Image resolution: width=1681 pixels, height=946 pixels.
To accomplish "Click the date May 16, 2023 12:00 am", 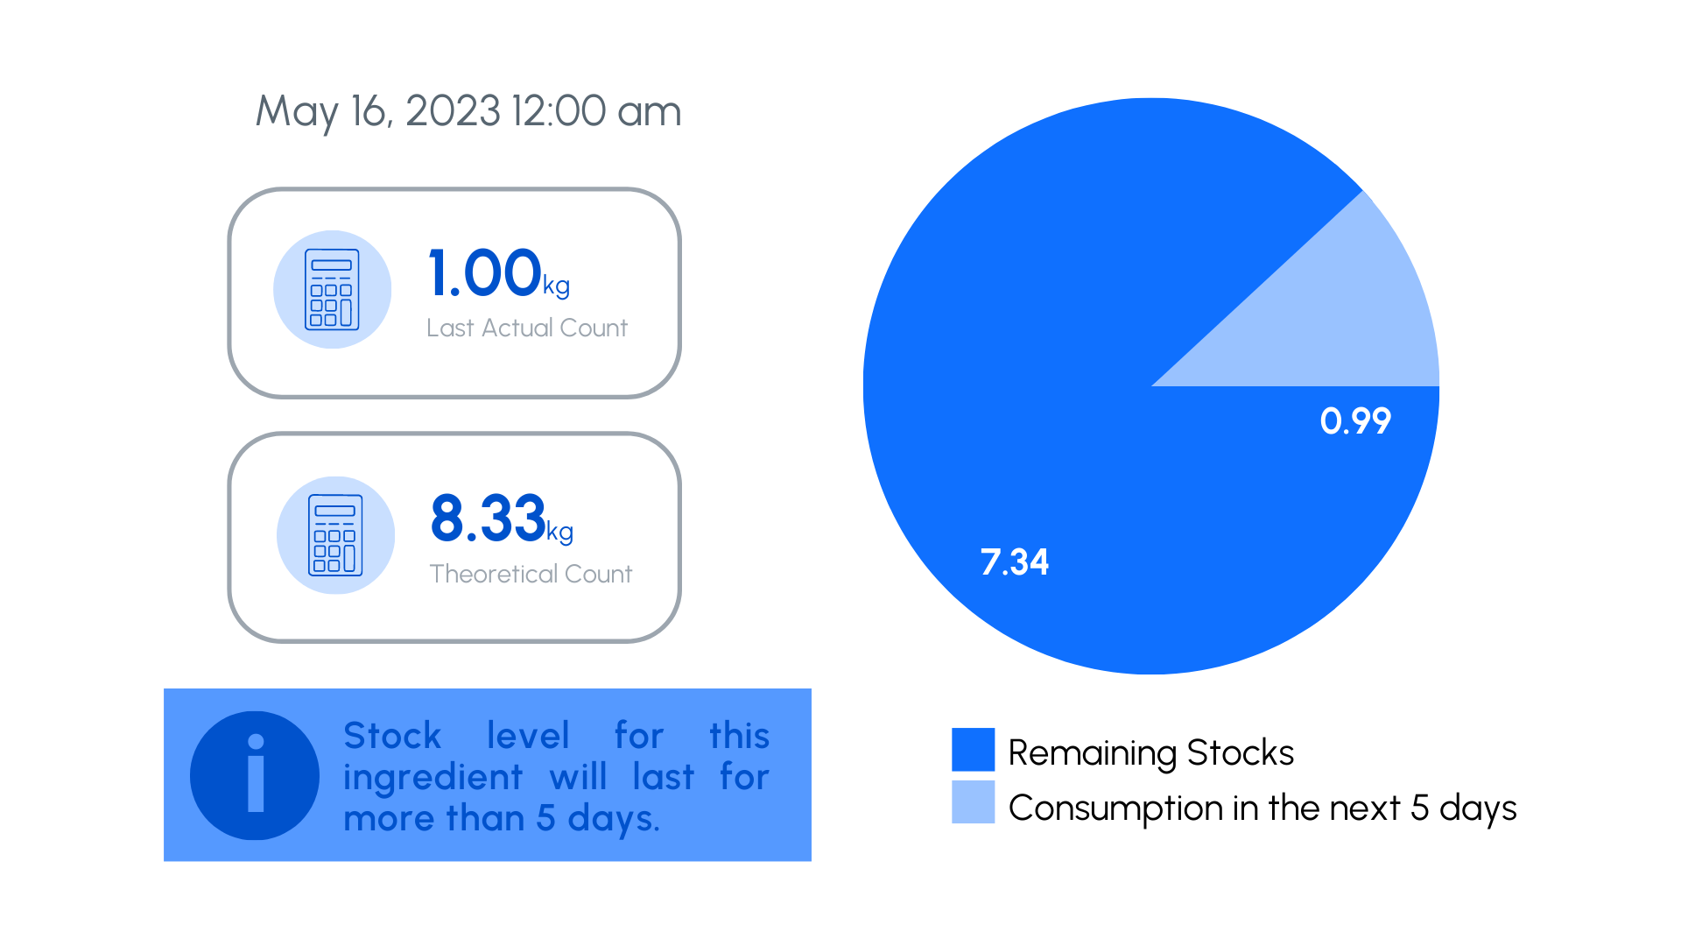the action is (468, 112).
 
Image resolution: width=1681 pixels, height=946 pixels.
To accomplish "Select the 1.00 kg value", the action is (499, 273).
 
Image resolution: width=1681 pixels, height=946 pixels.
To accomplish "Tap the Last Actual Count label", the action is (527, 328).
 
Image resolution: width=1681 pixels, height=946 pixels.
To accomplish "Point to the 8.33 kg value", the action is (502, 519).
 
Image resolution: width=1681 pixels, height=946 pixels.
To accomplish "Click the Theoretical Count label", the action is (531, 574).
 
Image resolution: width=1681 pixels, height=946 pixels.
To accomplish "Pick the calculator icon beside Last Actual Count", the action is (332, 289).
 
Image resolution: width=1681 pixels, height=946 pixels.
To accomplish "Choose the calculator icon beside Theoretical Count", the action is (335, 535).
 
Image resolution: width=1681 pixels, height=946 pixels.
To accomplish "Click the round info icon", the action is (255, 775).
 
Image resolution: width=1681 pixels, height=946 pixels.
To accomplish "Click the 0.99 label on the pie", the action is (1355, 421).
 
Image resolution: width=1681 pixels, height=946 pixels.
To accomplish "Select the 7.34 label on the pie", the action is (1014, 562).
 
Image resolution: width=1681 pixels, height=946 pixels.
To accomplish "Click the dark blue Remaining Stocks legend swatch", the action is (973, 749).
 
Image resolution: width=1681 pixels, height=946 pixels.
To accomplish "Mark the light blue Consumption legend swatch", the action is (973, 801).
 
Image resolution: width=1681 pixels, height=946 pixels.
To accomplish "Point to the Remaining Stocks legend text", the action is (1150, 753).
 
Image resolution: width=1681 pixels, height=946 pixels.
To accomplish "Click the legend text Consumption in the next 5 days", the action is (1263, 808).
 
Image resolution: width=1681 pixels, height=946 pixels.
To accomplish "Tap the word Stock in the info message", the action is (392, 736).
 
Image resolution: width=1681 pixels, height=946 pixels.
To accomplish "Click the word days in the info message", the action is (614, 819).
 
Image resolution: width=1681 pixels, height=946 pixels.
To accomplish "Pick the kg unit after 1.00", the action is (557, 286).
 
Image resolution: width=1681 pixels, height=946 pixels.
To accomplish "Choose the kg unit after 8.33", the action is (560, 533).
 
